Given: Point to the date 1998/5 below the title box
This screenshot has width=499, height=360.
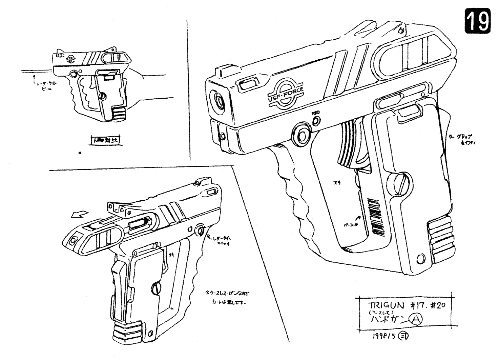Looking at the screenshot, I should pos(382,336).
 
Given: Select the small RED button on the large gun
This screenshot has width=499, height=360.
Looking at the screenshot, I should pos(316,120).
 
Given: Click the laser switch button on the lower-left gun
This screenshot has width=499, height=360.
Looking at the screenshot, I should pos(200,230).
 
